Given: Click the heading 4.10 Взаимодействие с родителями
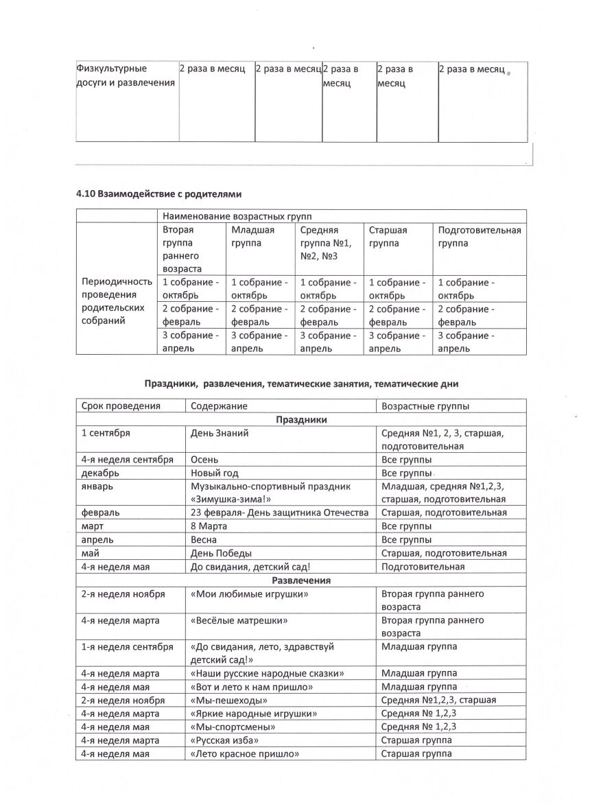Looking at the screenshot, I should [158, 194].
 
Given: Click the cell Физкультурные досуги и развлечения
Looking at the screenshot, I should [126, 76].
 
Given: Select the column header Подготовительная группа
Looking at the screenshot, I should [479, 237].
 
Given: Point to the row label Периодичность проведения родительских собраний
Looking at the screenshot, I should [116, 301].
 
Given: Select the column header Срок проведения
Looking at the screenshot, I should [120, 405].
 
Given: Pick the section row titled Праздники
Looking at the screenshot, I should [301, 419].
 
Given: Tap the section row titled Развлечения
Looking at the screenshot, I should [301, 580].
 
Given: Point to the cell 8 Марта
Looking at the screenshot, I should [209, 526].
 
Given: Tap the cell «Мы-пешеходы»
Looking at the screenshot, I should [228, 701].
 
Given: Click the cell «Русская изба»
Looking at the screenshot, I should [224, 740].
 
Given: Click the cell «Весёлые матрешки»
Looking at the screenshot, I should [238, 620].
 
